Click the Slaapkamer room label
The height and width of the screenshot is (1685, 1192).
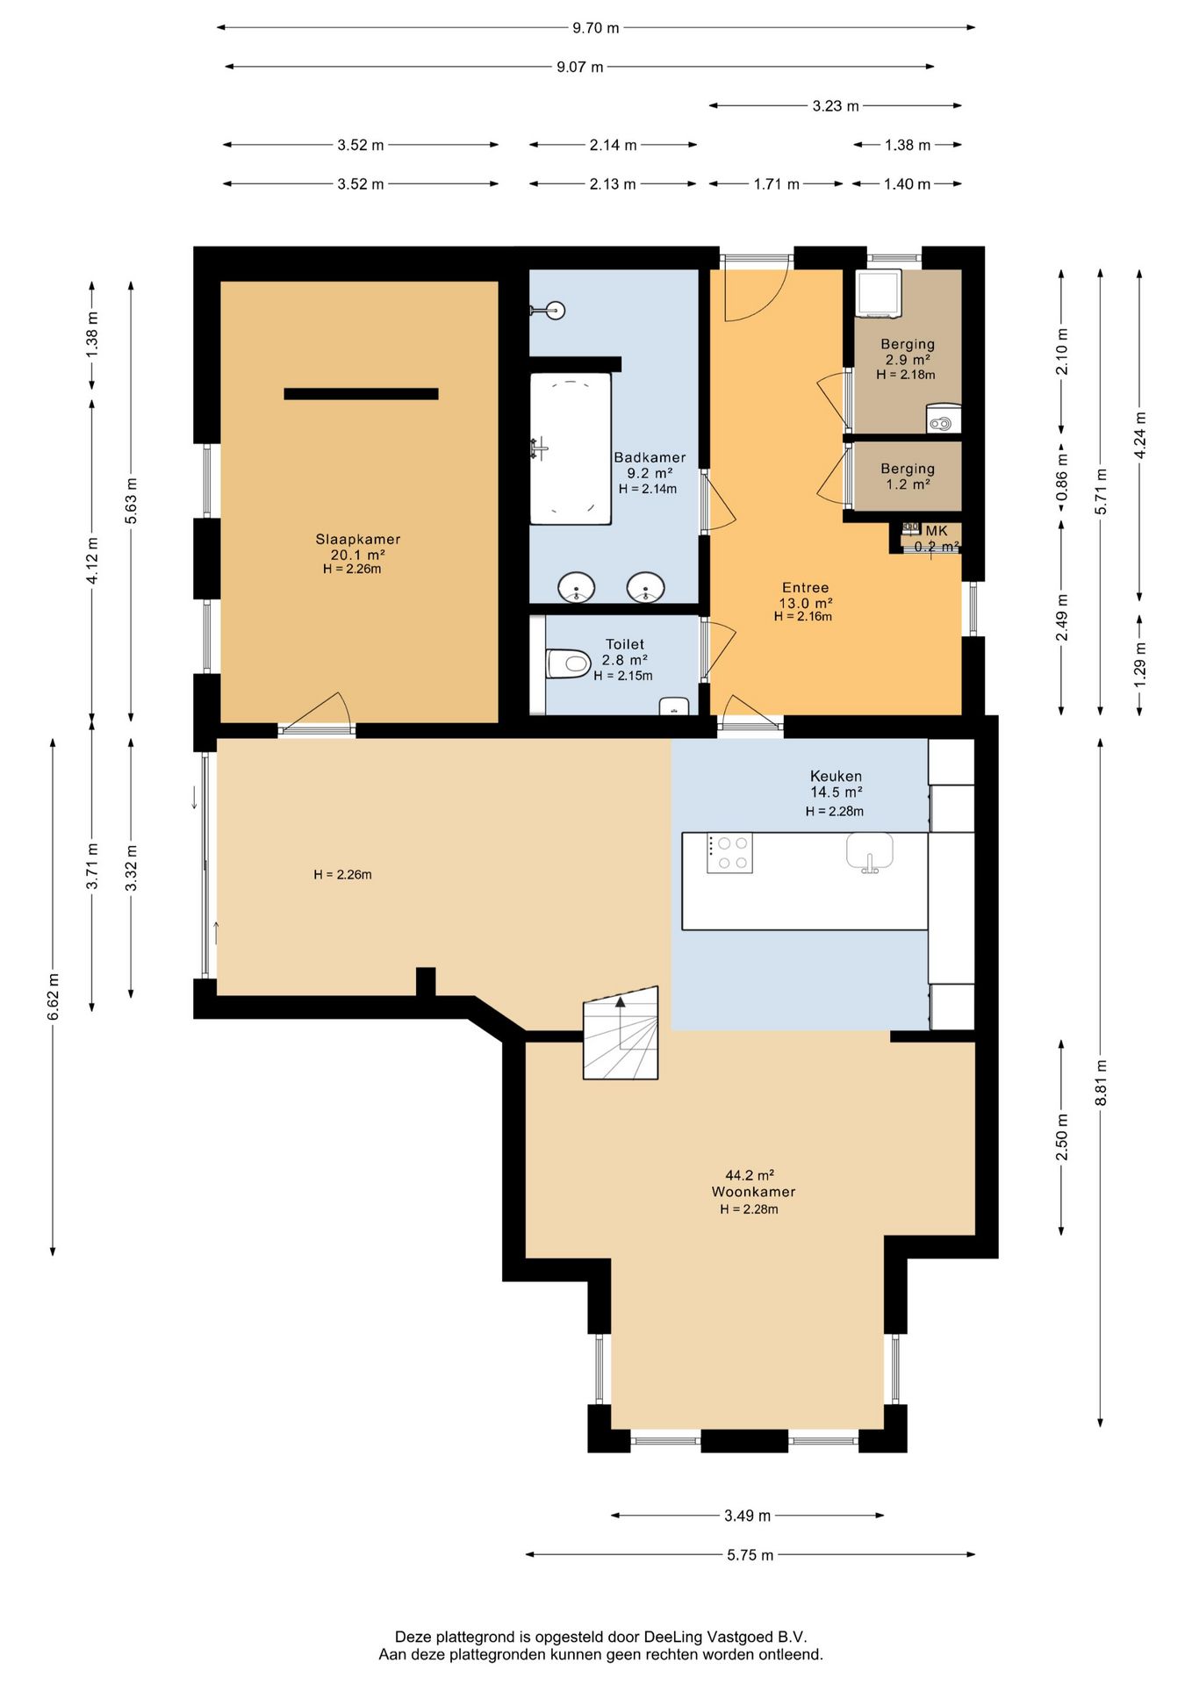pyautogui.click(x=358, y=540)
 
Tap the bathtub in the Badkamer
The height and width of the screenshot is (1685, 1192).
pyautogui.click(x=571, y=448)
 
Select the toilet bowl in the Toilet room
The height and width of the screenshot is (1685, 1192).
pyautogui.click(x=568, y=663)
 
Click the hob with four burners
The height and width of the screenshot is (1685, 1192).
pyautogui.click(x=729, y=853)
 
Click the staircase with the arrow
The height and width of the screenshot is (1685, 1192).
pyautogui.click(x=621, y=1032)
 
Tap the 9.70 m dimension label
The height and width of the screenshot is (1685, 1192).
pyautogui.click(x=596, y=28)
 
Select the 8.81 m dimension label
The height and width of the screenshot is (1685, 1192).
pyautogui.click(x=1101, y=1083)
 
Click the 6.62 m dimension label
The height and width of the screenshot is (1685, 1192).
pyautogui.click(x=54, y=997)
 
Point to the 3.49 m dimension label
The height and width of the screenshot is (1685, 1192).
pyautogui.click(x=748, y=1516)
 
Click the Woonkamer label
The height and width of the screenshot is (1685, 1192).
pyautogui.click(x=754, y=1192)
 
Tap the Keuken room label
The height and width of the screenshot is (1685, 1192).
pyautogui.click(x=836, y=776)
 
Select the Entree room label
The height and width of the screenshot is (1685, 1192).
pyautogui.click(x=806, y=588)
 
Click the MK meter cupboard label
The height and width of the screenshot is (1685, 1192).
pyautogui.click(x=937, y=531)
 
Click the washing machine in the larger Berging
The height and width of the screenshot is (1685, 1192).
pyautogui.click(x=880, y=293)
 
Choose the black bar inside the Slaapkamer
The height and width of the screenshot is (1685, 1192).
pyautogui.click(x=361, y=394)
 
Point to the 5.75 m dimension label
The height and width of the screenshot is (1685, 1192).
pyautogui.click(x=750, y=1555)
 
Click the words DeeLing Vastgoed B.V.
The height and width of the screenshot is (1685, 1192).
pyautogui.click(x=725, y=1637)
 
